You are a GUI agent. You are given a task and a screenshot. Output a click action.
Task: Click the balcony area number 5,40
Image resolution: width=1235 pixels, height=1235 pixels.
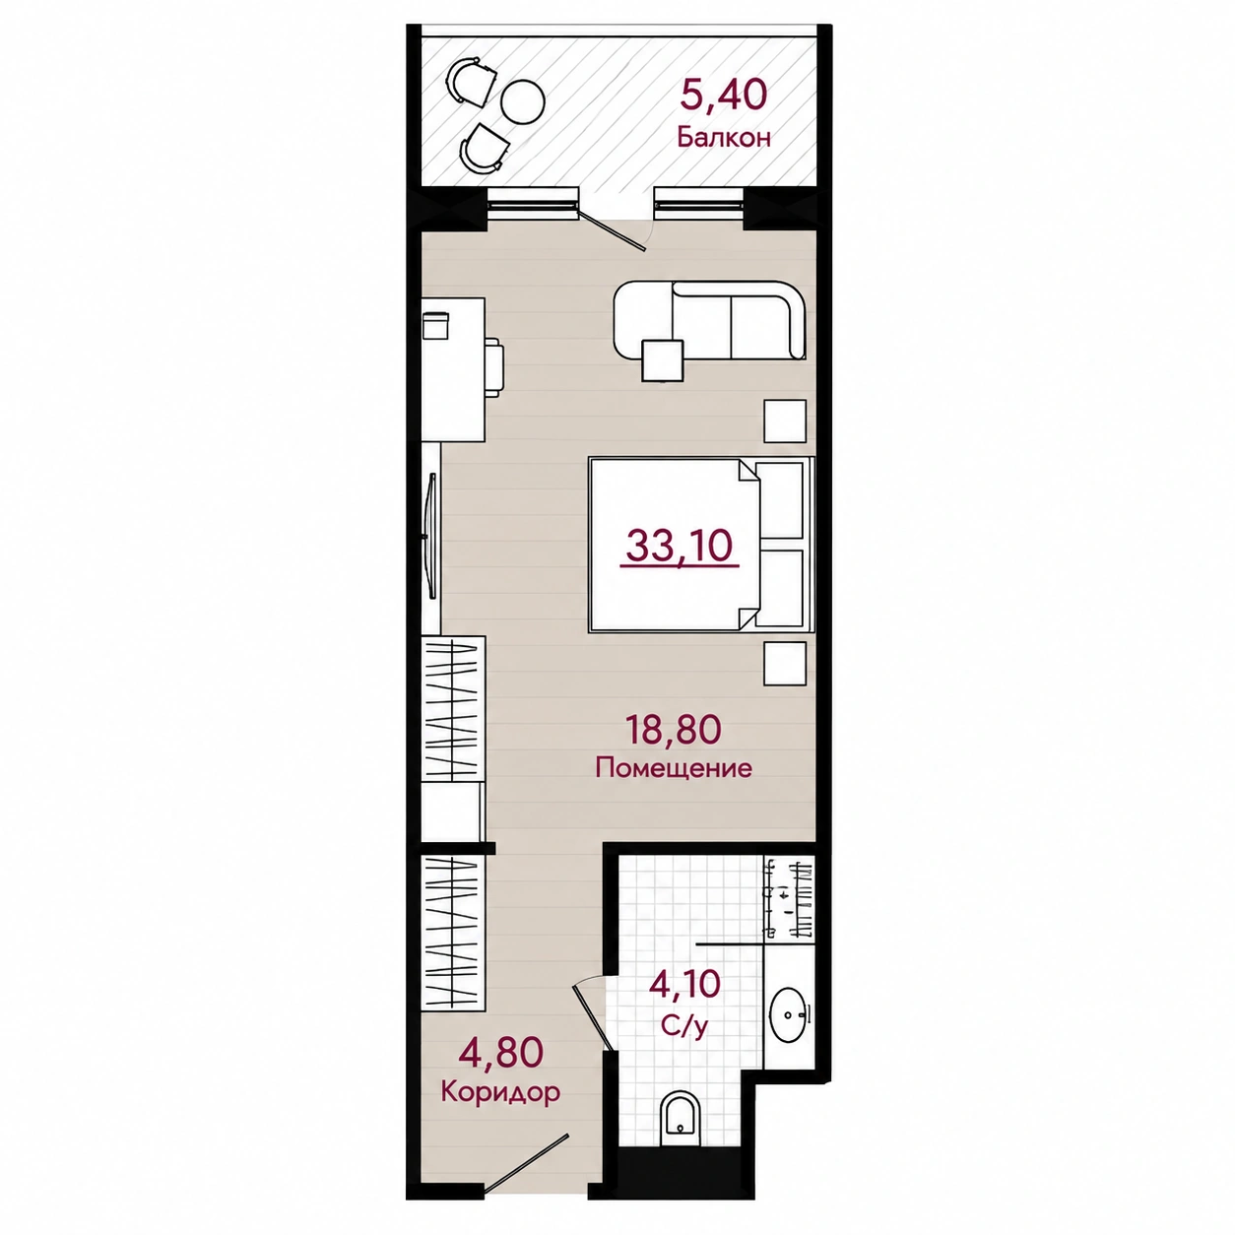coord(723,96)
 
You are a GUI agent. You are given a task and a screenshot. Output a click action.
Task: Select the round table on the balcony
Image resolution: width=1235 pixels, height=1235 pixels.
coord(522,101)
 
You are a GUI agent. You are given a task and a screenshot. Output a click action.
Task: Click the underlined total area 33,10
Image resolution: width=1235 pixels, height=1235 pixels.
coord(680,546)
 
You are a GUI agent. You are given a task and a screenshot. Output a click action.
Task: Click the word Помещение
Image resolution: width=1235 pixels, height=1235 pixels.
coord(674,767)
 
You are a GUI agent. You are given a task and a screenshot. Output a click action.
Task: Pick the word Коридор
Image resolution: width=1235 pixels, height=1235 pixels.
coord(500,1091)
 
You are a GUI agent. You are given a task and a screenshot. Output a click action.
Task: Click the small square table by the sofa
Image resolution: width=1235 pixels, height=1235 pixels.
coord(663,360)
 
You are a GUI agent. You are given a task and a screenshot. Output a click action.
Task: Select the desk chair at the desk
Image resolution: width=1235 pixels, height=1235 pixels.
coord(494,368)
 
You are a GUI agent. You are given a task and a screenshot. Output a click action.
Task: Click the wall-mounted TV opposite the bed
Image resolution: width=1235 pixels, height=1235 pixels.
coord(432,536)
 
